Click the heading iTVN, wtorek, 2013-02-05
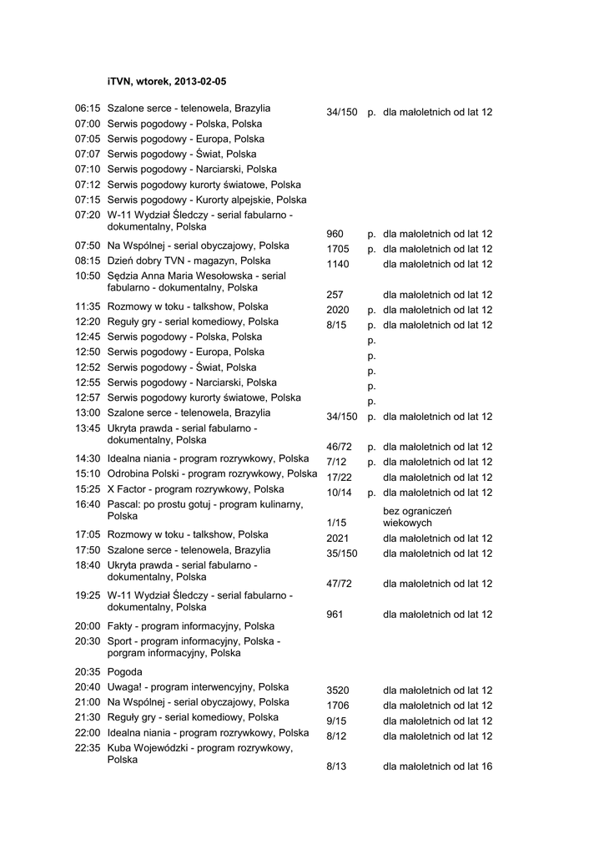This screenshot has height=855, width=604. [x=167, y=82]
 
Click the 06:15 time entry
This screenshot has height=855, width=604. [x=88, y=109]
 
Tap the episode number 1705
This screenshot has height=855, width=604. [x=338, y=249]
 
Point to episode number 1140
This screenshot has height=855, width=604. [x=338, y=264]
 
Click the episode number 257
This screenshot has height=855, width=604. [x=335, y=295]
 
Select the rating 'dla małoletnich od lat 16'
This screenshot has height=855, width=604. [x=437, y=766]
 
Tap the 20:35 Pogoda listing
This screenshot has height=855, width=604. [x=124, y=671]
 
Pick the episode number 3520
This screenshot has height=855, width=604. [x=338, y=691]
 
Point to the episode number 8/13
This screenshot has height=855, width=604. [x=335, y=766]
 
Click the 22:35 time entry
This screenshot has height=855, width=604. [x=88, y=748]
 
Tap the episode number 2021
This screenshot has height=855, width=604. [x=338, y=539]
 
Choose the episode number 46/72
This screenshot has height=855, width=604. [x=339, y=447]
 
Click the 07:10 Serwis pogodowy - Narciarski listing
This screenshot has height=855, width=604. [x=192, y=169]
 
